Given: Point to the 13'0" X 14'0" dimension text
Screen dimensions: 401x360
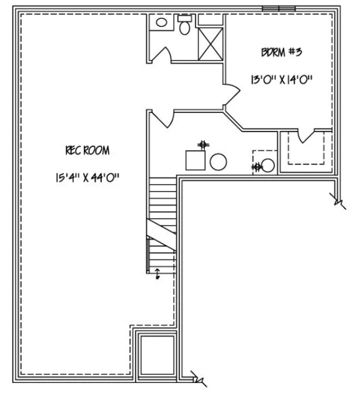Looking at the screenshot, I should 281,79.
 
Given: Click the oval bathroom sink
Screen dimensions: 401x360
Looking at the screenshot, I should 161,22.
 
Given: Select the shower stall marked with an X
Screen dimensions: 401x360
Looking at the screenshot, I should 210,43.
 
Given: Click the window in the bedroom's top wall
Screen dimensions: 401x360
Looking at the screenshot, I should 278,8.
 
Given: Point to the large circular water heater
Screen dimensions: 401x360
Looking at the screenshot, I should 218,163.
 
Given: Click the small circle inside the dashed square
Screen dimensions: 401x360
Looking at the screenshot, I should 268,166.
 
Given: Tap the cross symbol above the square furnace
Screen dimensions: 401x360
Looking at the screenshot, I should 202,145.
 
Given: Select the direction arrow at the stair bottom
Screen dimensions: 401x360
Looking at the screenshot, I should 157,274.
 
